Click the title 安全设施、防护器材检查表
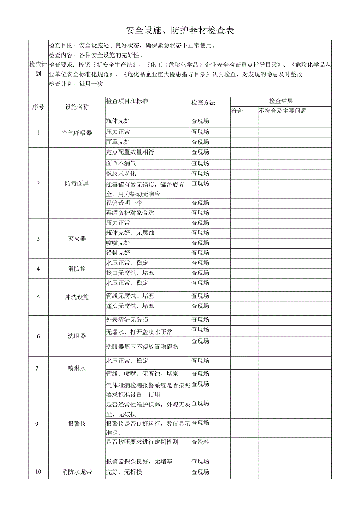[180, 30]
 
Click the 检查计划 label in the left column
[38, 69]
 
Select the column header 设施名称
[77, 107]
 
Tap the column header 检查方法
[203, 103]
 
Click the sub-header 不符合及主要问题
[283, 111]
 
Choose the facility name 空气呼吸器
[77, 133]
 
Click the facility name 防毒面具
[77, 183]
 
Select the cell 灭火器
[77, 239]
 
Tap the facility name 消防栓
[77, 269]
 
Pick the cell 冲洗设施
[77, 297]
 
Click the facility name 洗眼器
[77, 336]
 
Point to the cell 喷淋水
[77, 368]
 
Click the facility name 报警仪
[77, 424]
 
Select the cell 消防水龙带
[77, 472]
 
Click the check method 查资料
[200, 442]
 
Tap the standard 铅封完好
[118, 253]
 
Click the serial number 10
[38, 472]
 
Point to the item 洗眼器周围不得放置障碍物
[142, 347]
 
